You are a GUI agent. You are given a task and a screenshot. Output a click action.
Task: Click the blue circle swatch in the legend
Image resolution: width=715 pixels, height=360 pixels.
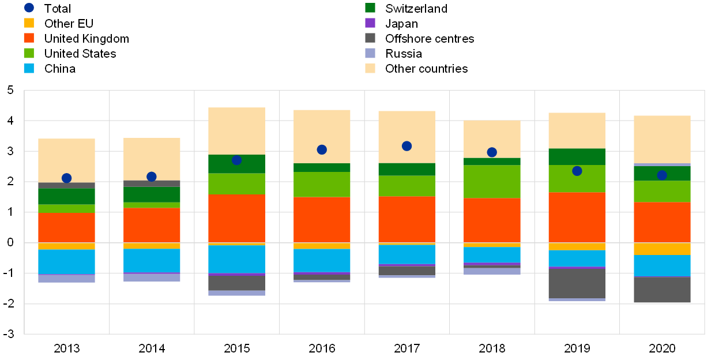(29, 7)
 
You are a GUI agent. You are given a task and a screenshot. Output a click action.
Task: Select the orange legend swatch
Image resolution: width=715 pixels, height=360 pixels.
(29, 38)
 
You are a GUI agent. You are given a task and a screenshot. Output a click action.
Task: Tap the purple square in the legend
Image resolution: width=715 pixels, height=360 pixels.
(370, 23)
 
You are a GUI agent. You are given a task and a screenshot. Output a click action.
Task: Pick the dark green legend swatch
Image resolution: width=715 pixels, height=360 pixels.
(370, 7)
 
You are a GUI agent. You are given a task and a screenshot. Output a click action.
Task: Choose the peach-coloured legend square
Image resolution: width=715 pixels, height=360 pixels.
(370, 69)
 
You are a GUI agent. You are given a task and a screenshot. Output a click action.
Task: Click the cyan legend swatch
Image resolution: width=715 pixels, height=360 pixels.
(29, 69)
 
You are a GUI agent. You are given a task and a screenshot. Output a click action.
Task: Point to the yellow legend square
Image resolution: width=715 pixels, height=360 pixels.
(29, 23)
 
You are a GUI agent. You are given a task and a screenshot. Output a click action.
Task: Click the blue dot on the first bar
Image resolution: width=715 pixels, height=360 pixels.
(66, 178)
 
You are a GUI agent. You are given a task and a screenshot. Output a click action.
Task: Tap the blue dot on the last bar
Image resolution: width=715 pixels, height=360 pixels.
(662, 175)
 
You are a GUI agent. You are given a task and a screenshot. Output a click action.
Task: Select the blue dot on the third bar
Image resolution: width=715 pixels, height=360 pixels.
(236, 160)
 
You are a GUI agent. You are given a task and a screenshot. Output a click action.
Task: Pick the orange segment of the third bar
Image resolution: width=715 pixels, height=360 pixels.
(236, 219)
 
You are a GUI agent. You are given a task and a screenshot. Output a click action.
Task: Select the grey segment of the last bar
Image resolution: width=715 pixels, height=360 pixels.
(662, 290)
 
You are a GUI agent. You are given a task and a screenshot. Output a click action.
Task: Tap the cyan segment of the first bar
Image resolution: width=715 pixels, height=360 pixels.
(66, 262)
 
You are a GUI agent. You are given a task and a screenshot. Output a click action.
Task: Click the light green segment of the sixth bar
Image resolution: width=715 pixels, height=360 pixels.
(492, 182)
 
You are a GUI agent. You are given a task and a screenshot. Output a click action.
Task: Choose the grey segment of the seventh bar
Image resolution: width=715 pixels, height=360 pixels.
(577, 283)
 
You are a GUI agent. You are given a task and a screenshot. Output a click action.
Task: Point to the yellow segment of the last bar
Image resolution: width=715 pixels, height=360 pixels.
(662, 249)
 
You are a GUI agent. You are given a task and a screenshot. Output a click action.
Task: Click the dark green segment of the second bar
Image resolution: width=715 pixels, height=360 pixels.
(152, 194)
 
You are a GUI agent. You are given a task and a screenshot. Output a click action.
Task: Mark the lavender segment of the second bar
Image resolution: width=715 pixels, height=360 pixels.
(152, 277)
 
